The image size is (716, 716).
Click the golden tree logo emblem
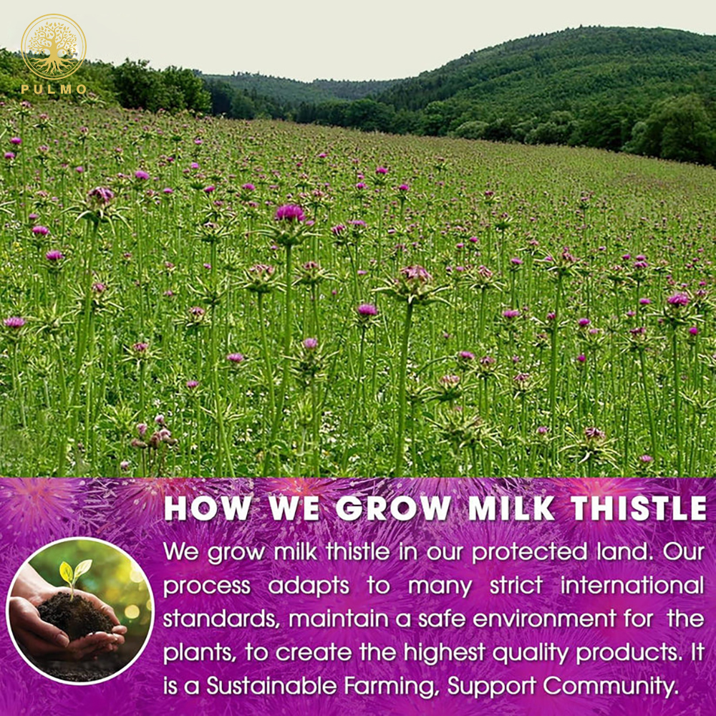53,46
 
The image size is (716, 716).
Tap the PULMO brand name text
54,89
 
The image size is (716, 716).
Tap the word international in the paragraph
632,585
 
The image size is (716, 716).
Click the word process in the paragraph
207,586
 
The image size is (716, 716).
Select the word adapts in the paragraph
309,585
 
